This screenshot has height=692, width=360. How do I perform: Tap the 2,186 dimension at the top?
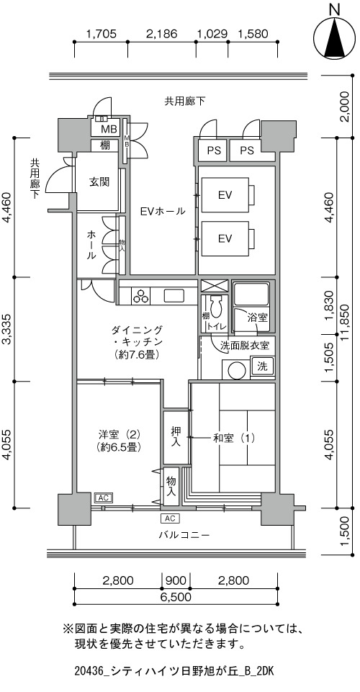[161, 34]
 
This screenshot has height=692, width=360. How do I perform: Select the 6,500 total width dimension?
[176, 597]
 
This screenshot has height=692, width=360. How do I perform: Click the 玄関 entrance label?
[99, 182]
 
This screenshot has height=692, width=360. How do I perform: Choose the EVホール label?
[163, 211]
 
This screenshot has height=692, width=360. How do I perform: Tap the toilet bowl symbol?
[216, 307]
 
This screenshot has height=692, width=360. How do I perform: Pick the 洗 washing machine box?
[261, 365]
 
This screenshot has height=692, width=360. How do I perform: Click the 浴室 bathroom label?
[257, 317]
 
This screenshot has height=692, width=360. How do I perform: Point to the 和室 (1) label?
[234, 439]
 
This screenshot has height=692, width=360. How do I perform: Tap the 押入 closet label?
[176, 436]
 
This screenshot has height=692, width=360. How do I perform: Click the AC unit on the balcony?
[171, 518]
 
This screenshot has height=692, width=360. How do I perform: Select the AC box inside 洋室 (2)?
[103, 498]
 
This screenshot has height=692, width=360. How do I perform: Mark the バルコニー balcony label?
[184, 535]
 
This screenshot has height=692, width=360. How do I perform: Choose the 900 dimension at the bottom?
[176, 580]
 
